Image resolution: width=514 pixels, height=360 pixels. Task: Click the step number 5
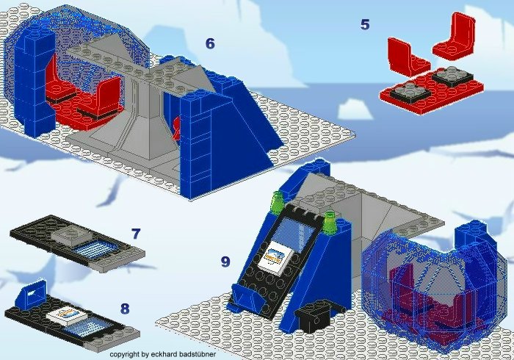click(x=365, y=24)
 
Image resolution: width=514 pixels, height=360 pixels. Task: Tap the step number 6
click(x=210, y=43)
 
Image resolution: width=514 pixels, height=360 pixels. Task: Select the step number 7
click(x=136, y=234)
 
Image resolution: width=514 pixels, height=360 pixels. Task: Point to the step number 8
click(x=125, y=309)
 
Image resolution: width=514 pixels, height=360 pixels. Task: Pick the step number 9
click(x=225, y=262)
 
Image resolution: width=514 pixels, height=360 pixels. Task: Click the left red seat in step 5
click(x=408, y=57)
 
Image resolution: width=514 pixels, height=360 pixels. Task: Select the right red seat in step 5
click(x=455, y=36)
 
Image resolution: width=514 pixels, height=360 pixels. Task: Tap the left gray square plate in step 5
click(x=410, y=90)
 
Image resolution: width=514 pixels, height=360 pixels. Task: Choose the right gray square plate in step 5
click(x=452, y=76)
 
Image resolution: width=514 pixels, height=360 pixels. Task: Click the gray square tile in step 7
click(x=70, y=235)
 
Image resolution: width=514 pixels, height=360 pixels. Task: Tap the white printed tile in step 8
click(x=67, y=315)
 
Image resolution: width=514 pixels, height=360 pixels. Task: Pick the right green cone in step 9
click(x=330, y=222)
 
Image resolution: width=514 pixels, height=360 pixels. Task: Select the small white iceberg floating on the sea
click(x=355, y=109)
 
